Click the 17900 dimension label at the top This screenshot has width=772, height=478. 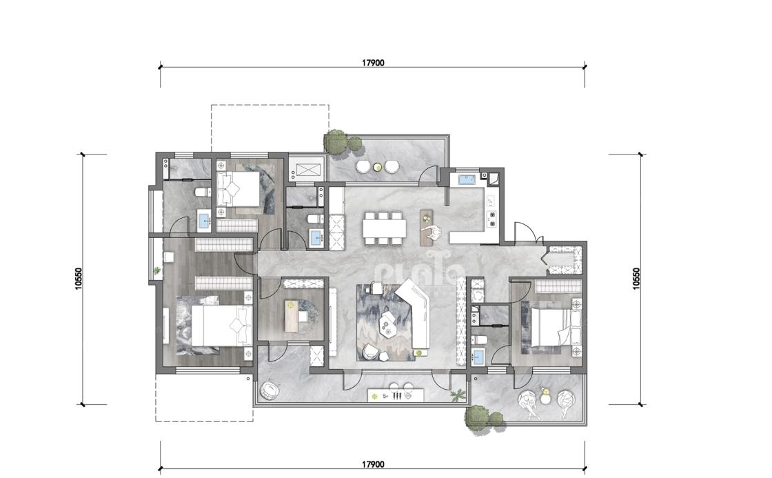(x=373, y=63)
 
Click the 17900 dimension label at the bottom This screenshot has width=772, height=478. (x=373, y=464)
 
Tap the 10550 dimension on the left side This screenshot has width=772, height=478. (x=79, y=279)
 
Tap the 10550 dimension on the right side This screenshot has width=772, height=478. (x=636, y=279)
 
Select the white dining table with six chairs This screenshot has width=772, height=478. (x=385, y=228)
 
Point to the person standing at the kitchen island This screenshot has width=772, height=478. (x=434, y=232)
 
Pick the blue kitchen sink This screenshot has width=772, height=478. (x=467, y=179)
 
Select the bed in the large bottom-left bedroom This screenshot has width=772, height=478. (x=221, y=326)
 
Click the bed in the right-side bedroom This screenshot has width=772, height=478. (x=556, y=326)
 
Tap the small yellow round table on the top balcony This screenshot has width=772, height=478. (x=378, y=167)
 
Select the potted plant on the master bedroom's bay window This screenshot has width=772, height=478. (x=157, y=270)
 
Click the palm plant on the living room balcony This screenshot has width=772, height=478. (x=458, y=395)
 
